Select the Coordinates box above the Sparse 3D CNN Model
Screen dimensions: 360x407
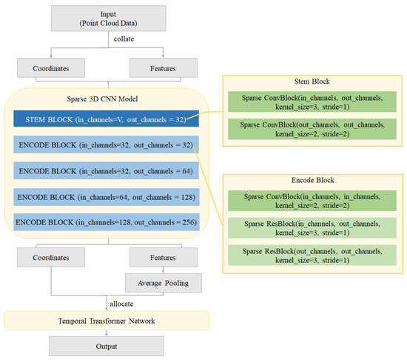(x=50, y=67)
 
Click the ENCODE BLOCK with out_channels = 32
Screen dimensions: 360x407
(x=104, y=144)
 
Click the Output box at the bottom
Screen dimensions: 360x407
(x=104, y=347)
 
